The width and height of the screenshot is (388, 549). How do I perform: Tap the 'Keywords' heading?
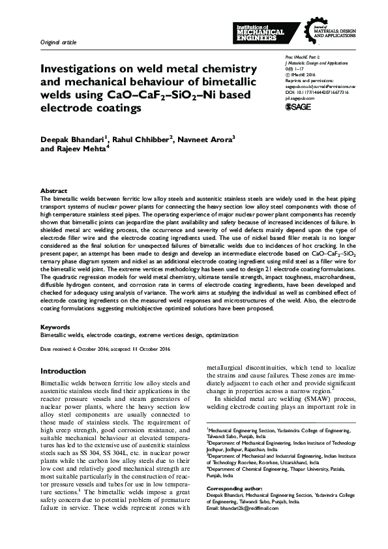[x=55, y=327]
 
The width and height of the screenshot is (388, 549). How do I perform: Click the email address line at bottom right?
[x=246, y=507]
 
